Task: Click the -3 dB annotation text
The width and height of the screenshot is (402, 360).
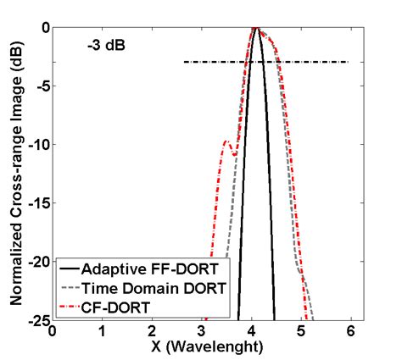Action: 106,44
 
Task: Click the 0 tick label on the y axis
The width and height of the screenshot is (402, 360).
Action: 43,27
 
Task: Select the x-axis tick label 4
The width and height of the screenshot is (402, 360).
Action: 252,331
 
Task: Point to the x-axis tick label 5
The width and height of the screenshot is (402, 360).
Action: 302,331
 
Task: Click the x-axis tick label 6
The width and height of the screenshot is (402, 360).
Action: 351,331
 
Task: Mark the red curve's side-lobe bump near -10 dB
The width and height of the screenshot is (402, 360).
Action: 226,141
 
